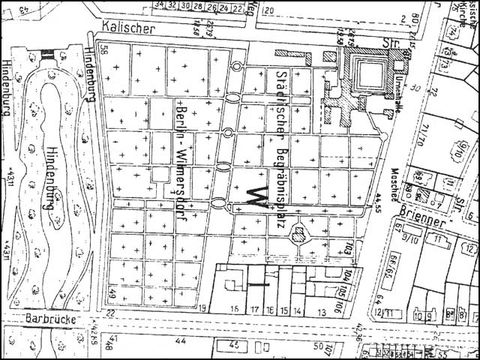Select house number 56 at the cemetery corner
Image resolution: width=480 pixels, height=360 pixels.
104,50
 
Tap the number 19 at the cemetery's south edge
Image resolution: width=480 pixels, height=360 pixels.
202,307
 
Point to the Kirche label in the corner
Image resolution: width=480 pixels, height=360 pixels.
462,13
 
